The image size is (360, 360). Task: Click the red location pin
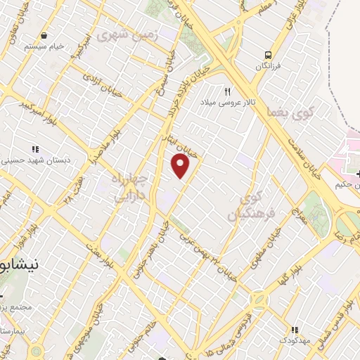pyautogui.click(x=181, y=166)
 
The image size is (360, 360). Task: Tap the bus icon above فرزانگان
pyautogui.click(x=268, y=54)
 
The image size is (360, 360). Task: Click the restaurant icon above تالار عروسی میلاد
pyautogui.click(x=227, y=92)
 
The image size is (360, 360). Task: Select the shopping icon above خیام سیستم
pyautogui.click(x=44, y=34)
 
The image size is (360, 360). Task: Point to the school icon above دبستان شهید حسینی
pyautogui.click(x=35, y=149)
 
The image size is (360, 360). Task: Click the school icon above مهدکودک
pyautogui.click(x=295, y=329)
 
